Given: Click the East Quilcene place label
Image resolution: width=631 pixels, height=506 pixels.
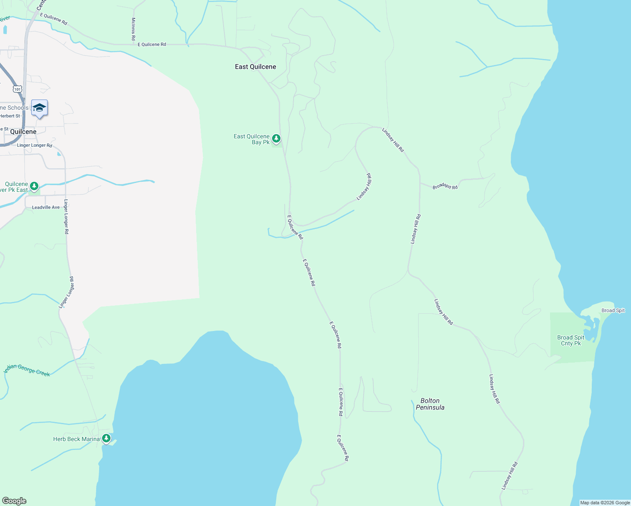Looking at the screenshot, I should (255, 67).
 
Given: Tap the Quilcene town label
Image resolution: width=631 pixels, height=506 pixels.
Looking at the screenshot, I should (23, 132).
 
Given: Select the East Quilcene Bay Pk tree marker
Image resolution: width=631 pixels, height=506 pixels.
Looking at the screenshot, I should (276, 138).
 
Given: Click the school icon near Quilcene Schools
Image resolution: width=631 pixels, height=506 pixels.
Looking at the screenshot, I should (39, 108).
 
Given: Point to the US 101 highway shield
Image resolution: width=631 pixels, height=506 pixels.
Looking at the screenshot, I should (17, 89).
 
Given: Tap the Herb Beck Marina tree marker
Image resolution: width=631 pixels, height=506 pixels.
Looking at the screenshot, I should (106, 439).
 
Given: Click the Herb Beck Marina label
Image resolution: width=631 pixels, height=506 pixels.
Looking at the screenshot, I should (76, 439).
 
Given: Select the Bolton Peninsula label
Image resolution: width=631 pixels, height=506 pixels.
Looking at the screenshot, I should (430, 404).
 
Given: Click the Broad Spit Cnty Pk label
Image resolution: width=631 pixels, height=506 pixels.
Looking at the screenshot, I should (571, 340).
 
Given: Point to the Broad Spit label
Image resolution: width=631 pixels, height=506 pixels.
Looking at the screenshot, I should (613, 310).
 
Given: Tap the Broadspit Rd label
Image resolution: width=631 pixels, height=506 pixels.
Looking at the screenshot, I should (445, 186).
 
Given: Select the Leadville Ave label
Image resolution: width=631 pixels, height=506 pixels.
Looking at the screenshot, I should (46, 207).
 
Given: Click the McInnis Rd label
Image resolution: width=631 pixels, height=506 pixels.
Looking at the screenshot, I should (133, 29).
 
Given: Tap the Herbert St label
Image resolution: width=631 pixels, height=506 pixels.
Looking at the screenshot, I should (10, 116).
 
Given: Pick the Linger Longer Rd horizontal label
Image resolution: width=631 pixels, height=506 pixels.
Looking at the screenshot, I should (35, 145).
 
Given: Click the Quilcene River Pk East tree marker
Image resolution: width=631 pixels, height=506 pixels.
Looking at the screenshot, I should (34, 186).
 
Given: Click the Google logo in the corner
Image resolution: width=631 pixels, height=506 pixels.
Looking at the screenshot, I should (14, 501).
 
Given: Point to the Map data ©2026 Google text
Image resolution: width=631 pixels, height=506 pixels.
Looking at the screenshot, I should (605, 503).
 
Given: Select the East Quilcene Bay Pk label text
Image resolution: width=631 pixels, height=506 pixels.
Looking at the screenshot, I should (252, 139).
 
